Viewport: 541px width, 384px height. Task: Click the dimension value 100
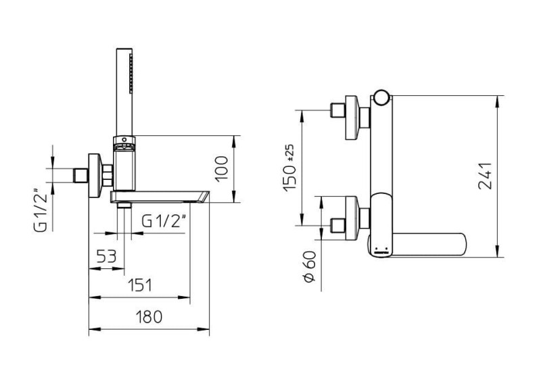point(222,168)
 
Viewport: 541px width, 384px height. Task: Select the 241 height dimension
point(485,176)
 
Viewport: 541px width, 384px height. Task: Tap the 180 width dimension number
point(149,316)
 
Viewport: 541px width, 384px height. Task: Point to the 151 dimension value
point(140,285)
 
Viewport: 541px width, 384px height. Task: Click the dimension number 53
point(107,256)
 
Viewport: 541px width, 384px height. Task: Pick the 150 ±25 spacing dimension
point(289,168)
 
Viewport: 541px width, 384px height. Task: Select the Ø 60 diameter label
point(310,266)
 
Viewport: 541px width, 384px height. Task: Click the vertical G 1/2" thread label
point(41,209)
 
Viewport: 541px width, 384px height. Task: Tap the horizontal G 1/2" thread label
point(164,221)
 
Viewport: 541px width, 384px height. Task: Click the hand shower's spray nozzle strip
point(131,73)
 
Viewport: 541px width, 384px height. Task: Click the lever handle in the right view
point(429,245)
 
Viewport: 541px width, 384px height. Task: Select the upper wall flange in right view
point(352,118)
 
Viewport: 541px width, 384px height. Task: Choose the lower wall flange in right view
point(352,218)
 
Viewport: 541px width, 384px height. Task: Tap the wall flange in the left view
point(95,175)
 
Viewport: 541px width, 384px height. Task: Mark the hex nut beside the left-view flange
point(108,175)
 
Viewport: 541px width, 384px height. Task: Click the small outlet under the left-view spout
point(124,206)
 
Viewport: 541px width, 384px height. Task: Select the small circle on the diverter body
point(124,139)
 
